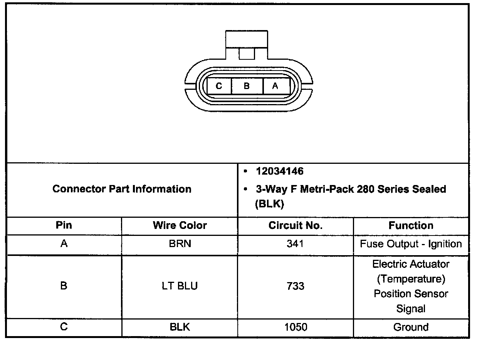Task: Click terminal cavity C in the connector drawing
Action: (219, 86)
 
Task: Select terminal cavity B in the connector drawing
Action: (247, 86)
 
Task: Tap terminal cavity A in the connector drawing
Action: (276, 86)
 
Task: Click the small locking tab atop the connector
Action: (247, 54)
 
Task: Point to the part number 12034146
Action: (280, 171)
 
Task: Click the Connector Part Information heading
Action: (122, 189)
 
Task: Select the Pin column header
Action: (64, 225)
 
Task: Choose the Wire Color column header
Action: (180, 225)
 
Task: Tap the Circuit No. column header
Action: (296, 225)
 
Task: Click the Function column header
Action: (411, 225)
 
